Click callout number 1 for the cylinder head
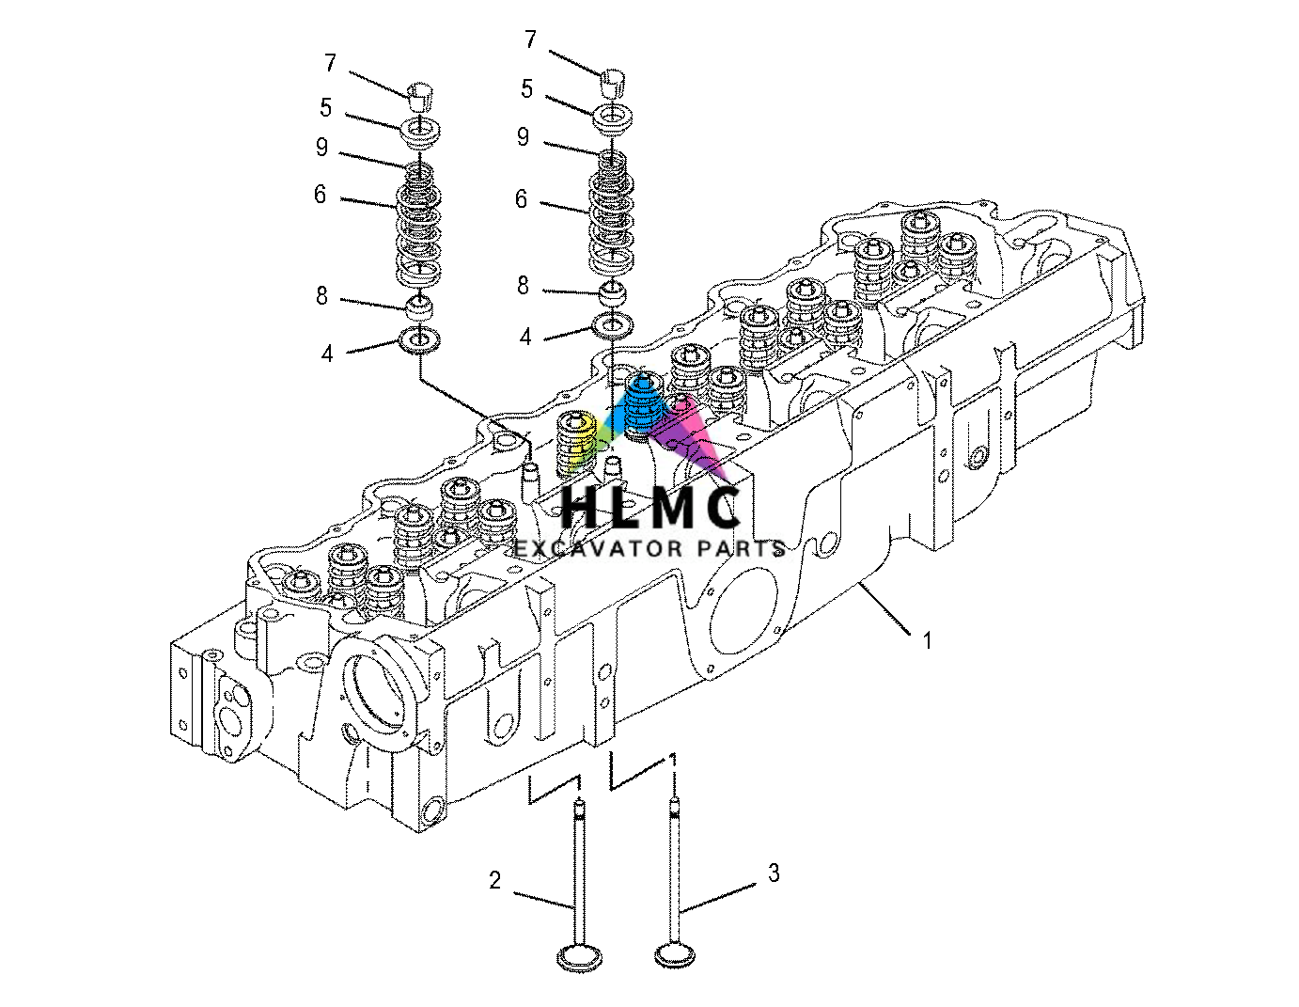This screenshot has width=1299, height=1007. pos(927,641)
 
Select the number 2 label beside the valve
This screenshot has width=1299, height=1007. pos(494,881)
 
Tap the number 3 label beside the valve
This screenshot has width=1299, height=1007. pos(774,873)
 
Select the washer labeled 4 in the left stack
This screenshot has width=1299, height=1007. pos(419,339)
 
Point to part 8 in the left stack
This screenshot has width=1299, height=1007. pos(419,307)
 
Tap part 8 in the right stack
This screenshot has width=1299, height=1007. pos(613,292)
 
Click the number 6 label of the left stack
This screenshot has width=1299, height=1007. pos(320,195)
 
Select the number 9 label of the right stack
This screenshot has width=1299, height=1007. pos(523,137)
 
